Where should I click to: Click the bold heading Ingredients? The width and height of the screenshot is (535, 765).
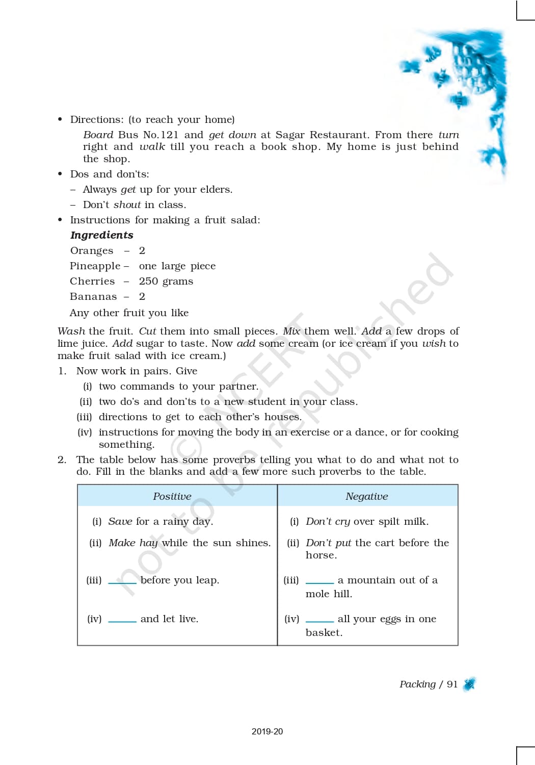[x=101, y=235]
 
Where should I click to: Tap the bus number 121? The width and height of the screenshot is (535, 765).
[x=169, y=135]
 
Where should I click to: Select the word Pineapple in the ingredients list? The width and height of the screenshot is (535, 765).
[x=95, y=266]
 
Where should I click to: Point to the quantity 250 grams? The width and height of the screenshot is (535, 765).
[x=166, y=281]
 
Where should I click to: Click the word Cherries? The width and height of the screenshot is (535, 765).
[x=92, y=281]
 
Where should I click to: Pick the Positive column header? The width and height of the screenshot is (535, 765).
[x=172, y=496]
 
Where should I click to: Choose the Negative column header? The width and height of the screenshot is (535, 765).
[x=366, y=496]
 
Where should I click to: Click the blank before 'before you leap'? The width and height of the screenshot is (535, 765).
[x=122, y=582]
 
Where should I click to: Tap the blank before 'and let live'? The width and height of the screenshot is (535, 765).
[x=122, y=621]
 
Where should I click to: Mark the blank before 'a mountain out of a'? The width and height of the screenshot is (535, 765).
[x=319, y=582]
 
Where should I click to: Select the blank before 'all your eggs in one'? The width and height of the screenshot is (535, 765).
[x=319, y=621]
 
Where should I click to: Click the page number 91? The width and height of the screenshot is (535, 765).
[x=452, y=684]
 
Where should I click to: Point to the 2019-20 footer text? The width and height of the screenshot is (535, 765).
[x=267, y=731]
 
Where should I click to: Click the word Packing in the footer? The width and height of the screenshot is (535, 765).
[x=417, y=684]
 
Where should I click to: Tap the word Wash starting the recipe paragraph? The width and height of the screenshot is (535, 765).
[x=71, y=331]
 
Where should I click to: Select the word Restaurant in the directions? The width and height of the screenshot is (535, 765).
[x=338, y=135]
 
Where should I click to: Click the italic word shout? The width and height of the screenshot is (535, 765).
[x=127, y=205]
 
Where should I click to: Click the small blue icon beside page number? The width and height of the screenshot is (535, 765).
[x=469, y=684]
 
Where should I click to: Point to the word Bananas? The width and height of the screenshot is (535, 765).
[x=93, y=296]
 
